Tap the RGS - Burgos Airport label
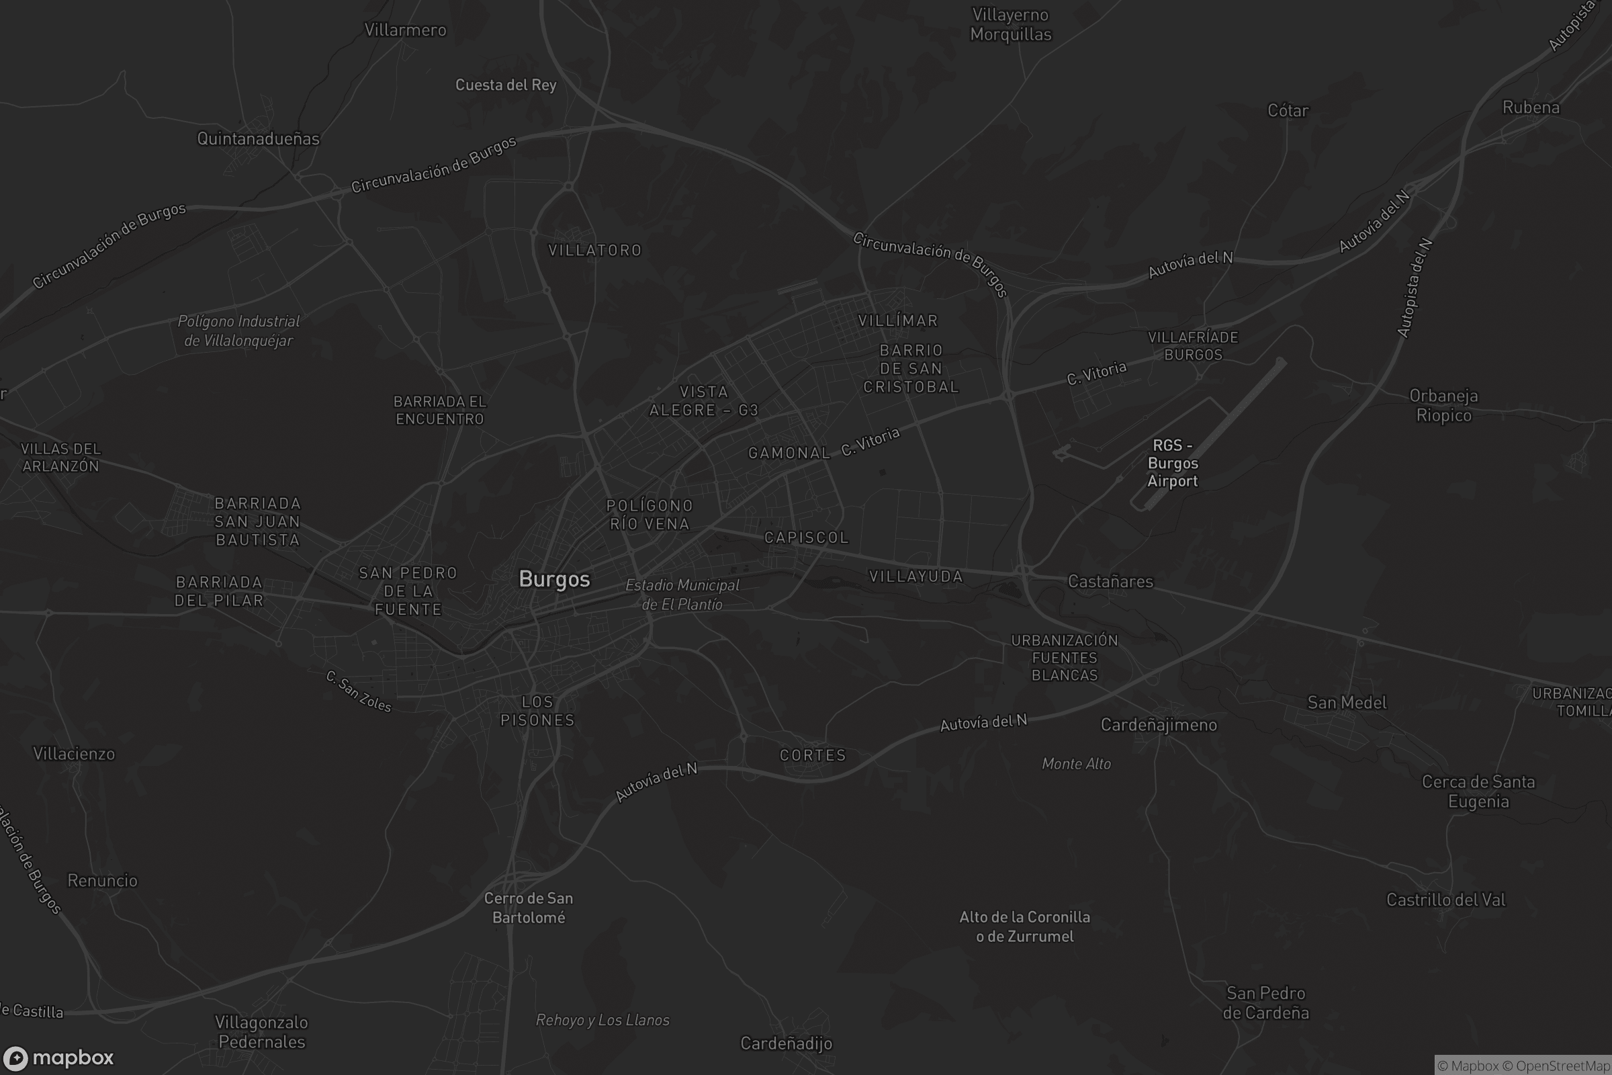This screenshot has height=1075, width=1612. (x=1173, y=464)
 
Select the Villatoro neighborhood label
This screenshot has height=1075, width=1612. (x=595, y=250)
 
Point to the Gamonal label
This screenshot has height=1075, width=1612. (x=789, y=453)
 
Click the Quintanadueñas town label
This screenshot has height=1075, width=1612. (x=259, y=138)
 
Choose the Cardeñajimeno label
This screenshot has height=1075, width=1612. (x=1158, y=725)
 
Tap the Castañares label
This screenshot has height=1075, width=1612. (x=1110, y=581)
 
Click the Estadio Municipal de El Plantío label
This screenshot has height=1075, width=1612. (x=682, y=595)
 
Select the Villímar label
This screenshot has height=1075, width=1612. (x=898, y=321)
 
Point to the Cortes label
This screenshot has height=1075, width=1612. (x=813, y=755)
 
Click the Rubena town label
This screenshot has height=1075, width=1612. (x=1531, y=107)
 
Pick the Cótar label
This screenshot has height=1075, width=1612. (x=1288, y=110)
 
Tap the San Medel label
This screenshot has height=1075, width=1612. (x=1347, y=703)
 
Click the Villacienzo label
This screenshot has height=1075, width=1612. (x=74, y=754)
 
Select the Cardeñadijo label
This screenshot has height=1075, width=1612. (x=786, y=1043)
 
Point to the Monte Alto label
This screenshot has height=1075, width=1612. (x=1076, y=764)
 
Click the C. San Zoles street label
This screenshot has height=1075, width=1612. (x=359, y=692)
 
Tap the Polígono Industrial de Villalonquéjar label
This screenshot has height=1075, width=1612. (x=238, y=331)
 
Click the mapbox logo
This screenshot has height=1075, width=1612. (x=58, y=1058)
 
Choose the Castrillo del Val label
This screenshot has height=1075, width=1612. (x=1446, y=900)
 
